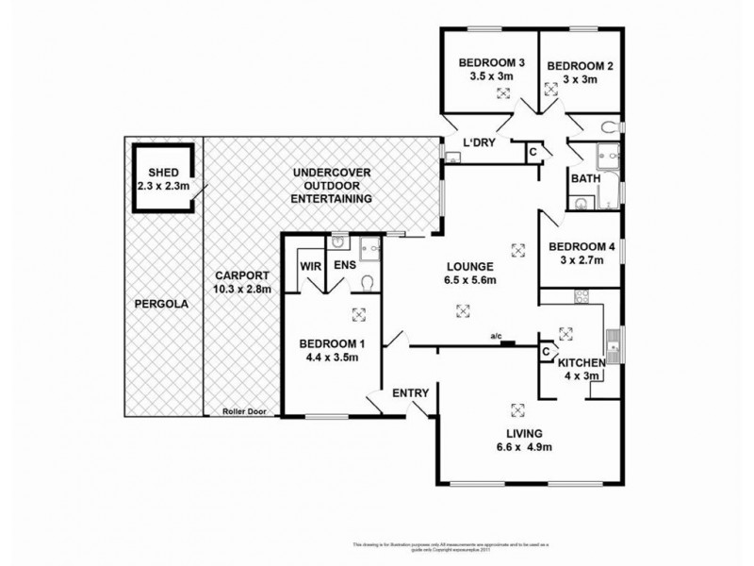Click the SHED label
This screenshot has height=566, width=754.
(x=164, y=172)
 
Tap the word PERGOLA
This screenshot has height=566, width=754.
(x=159, y=305)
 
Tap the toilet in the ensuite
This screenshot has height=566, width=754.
(x=369, y=282)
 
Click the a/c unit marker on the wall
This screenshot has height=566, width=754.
(x=508, y=343)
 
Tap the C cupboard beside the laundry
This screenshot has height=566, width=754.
(x=533, y=151)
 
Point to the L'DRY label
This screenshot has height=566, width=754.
(x=480, y=144)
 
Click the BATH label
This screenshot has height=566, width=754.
(x=582, y=178)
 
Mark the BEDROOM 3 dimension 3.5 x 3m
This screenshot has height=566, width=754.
(x=491, y=76)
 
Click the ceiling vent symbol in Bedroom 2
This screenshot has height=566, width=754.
(x=550, y=92)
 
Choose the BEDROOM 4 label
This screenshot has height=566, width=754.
(x=582, y=248)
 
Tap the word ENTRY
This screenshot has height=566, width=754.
(x=412, y=393)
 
